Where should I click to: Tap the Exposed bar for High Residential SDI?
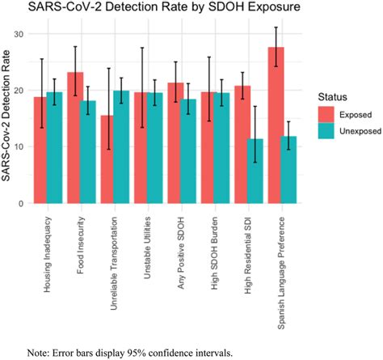click(242, 145)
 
